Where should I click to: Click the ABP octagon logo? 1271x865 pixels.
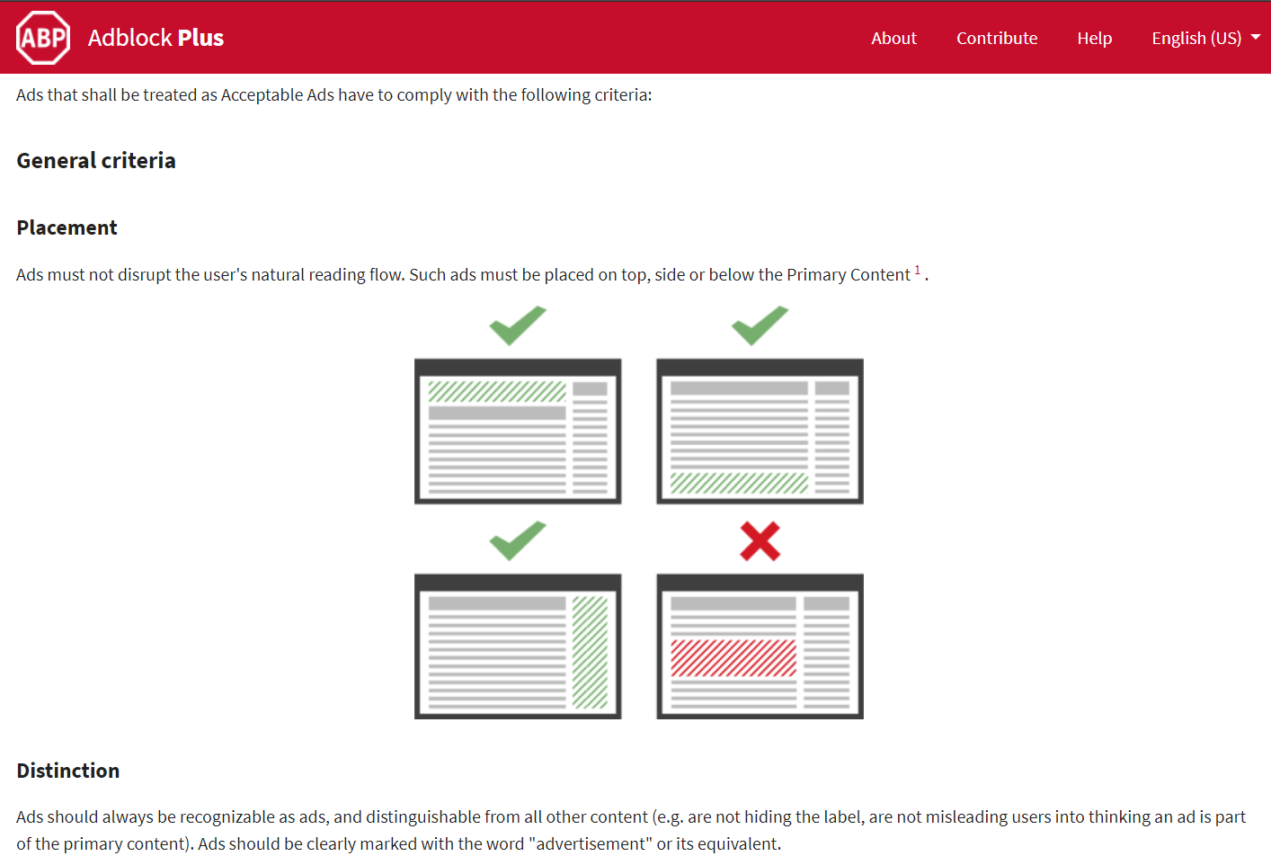(x=43, y=38)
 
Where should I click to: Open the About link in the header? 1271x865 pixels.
(x=893, y=38)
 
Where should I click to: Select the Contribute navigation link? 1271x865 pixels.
(x=997, y=38)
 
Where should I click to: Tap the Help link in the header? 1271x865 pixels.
(x=1095, y=38)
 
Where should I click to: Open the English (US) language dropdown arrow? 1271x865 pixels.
(x=1256, y=37)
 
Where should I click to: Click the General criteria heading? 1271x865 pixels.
(x=96, y=161)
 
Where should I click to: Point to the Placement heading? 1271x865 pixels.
(x=67, y=227)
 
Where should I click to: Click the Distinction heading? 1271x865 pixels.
(x=68, y=771)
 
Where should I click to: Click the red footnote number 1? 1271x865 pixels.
(x=917, y=270)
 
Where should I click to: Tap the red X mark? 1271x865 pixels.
(x=760, y=541)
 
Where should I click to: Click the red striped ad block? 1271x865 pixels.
(x=733, y=658)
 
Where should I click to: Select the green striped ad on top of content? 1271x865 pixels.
(x=497, y=392)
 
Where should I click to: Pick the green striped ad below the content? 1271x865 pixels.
(x=739, y=483)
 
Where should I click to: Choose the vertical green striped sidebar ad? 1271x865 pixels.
(x=590, y=652)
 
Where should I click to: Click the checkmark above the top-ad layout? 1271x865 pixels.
(x=518, y=325)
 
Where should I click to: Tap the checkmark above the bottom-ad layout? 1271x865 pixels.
(x=760, y=325)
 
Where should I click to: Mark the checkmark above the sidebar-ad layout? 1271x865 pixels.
(x=518, y=540)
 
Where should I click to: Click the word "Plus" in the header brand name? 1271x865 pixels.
(x=200, y=38)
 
